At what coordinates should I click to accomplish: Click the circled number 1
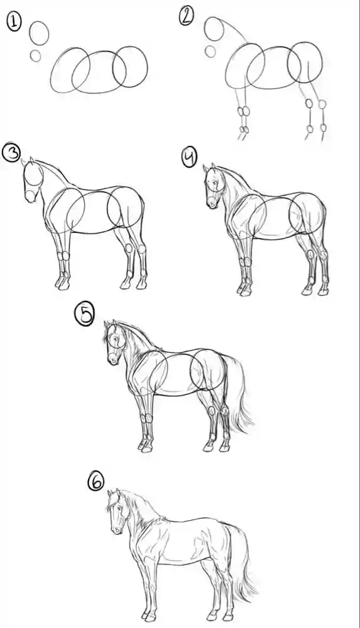pyautogui.click(x=14, y=21)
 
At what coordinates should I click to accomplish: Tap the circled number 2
pyautogui.click(x=187, y=17)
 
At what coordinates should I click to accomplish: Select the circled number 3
pyautogui.click(x=11, y=153)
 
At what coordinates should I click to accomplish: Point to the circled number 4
pyautogui.click(x=189, y=156)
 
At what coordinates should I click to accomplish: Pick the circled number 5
pyautogui.click(x=85, y=315)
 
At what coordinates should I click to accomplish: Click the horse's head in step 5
pyautogui.click(x=115, y=342)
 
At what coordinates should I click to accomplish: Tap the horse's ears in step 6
pyautogui.click(x=114, y=493)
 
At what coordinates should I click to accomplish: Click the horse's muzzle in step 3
pyautogui.click(x=31, y=196)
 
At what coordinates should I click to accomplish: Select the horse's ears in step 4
pyautogui.click(x=209, y=168)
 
